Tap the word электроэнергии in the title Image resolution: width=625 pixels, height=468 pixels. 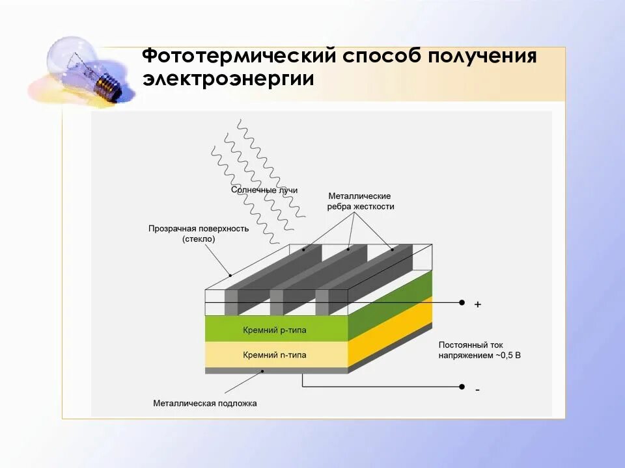pos(229,79)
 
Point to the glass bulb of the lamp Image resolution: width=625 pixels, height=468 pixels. pos(71,58)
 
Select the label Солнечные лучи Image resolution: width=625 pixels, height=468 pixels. pos(264,190)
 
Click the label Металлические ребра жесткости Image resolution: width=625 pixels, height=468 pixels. pos(359,201)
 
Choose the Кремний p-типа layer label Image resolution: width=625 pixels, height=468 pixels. pos(274,330)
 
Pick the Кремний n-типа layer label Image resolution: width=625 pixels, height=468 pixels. pos(274,355)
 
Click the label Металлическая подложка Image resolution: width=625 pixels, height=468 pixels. pos(205,403)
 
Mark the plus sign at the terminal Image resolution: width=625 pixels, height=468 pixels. pos(478,304)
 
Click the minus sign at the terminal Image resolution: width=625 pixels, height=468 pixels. pos(478,389)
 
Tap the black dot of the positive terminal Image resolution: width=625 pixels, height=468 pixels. pos(462,302)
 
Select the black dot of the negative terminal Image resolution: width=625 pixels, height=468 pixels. pos(462,387)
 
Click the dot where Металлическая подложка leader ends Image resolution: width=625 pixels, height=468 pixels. pos(263,371)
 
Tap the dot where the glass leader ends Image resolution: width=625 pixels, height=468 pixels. pos(230,274)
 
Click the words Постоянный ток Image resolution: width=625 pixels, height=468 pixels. pos(470,345)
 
